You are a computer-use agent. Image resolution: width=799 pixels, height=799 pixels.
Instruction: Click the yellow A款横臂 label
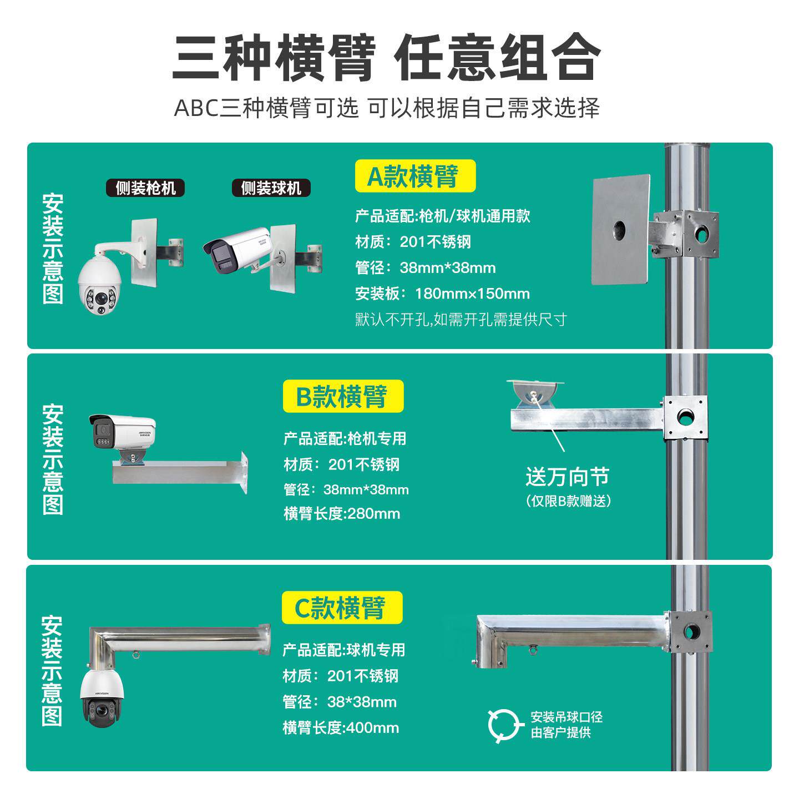point(415,176)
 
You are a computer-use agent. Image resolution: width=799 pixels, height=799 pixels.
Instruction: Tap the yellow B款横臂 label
point(343,396)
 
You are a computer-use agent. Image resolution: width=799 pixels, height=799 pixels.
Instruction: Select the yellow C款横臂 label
point(342,608)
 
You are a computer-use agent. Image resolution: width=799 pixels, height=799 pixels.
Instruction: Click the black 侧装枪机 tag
point(145,188)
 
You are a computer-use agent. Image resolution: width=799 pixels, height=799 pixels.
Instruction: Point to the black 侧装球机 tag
point(271,188)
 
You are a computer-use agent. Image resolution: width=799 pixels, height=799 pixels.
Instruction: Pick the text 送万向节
point(567,477)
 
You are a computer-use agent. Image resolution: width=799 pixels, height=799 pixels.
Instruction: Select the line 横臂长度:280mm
point(342,514)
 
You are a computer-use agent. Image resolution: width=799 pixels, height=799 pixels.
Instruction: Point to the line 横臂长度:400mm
point(341,727)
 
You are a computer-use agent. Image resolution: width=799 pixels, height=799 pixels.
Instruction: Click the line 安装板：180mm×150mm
point(442,294)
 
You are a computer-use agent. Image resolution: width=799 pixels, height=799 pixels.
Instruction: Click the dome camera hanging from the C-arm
point(102,697)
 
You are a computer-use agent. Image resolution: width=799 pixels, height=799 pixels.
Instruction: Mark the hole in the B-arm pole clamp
point(686,417)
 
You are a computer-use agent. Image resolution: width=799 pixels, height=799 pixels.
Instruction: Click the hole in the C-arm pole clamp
point(691,631)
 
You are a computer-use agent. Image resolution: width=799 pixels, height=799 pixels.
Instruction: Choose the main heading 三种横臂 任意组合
point(387,58)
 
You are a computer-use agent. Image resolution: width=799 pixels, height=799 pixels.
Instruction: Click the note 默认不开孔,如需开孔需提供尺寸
point(461,320)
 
